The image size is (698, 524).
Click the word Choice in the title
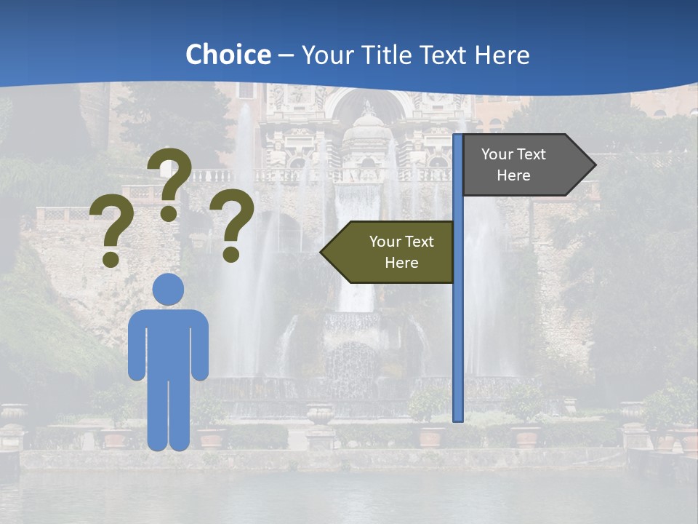click(228, 55)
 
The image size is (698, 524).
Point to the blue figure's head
click(168, 289)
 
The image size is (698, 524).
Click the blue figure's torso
click(168, 342)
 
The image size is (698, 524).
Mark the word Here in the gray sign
click(513, 175)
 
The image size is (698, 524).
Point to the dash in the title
click(286, 55)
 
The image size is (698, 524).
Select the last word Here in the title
click(502, 55)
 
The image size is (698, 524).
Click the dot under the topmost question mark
click(169, 214)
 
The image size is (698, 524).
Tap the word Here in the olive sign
click(401, 263)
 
